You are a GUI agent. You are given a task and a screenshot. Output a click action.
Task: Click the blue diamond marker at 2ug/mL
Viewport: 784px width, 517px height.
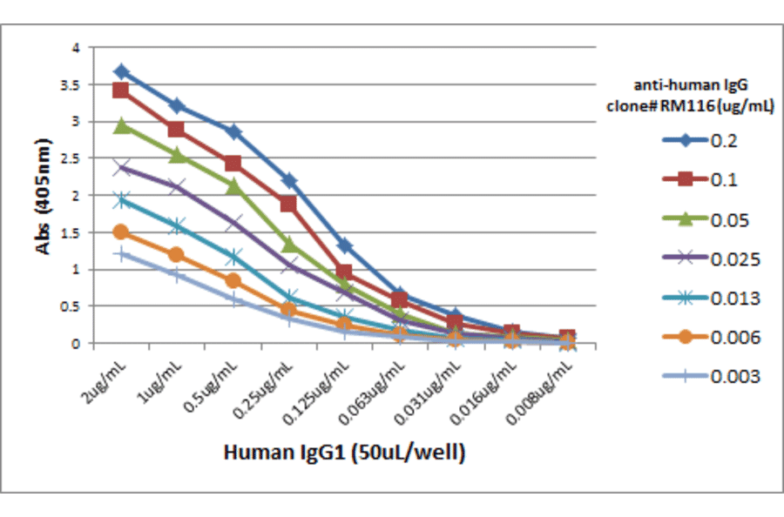pos(121,71)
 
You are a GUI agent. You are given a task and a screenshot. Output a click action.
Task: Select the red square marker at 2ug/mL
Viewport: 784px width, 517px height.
pos(121,91)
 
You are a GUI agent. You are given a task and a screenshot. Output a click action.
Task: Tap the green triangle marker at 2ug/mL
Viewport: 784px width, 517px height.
pos(121,126)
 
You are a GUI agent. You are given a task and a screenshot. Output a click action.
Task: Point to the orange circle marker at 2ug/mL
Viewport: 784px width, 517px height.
pos(121,232)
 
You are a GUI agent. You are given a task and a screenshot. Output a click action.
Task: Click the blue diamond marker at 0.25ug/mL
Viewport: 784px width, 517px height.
pos(288,180)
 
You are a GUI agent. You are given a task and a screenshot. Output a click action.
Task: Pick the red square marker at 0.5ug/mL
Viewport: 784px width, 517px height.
pos(233,164)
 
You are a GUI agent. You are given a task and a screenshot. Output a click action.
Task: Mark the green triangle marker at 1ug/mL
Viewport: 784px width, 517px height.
pos(177,155)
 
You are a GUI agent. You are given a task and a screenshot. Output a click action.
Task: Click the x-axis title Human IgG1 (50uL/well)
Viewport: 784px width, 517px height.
pos(343,453)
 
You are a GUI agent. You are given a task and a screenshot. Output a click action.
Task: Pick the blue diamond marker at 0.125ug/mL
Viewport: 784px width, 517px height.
pos(344,246)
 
